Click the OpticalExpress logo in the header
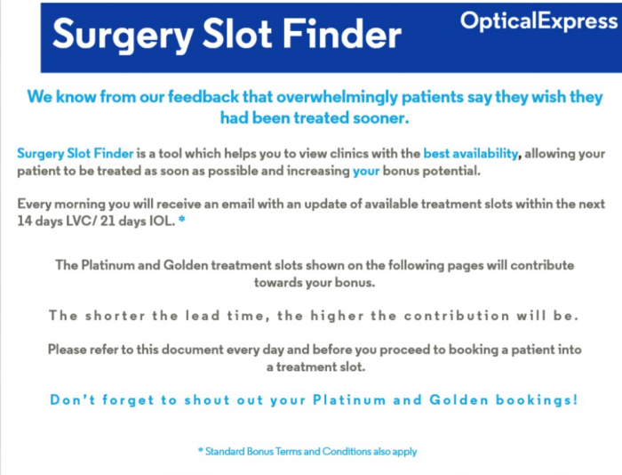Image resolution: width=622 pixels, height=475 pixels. (x=538, y=20)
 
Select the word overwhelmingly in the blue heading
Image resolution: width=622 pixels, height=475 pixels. (x=337, y=97)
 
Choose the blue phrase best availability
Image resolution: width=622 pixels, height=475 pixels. (x=470, y=153)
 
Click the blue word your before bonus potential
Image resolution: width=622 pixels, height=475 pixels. (x=366, y=171)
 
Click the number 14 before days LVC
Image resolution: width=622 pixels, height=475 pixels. (x=25, y=221)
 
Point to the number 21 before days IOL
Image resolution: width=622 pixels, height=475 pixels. (x=108, y=221)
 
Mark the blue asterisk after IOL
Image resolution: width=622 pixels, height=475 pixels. (x=181, y=219)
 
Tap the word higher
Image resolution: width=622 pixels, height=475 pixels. (x=337, y=316)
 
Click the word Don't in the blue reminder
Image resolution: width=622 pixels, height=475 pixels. (x=73, y=399)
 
